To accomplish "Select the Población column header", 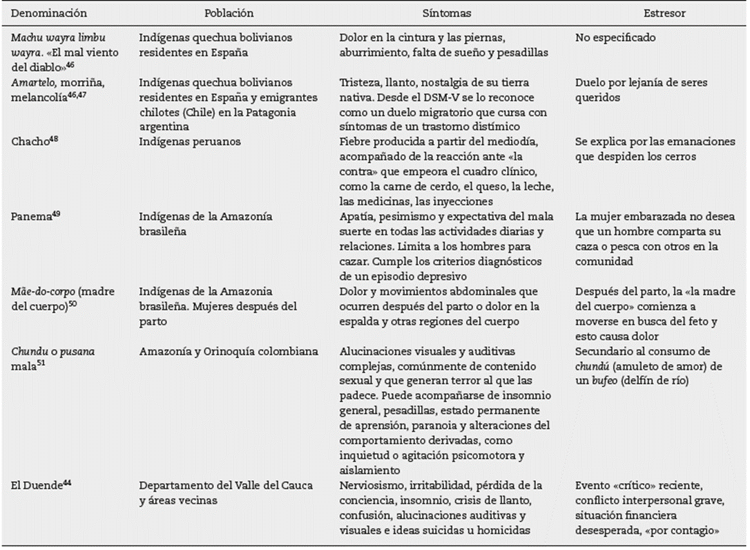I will [229, 13].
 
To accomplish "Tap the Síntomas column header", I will [447, 13].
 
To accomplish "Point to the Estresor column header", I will [654, 13].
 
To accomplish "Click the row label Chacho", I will [28, 142].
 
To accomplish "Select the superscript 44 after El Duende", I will [67, 482].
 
